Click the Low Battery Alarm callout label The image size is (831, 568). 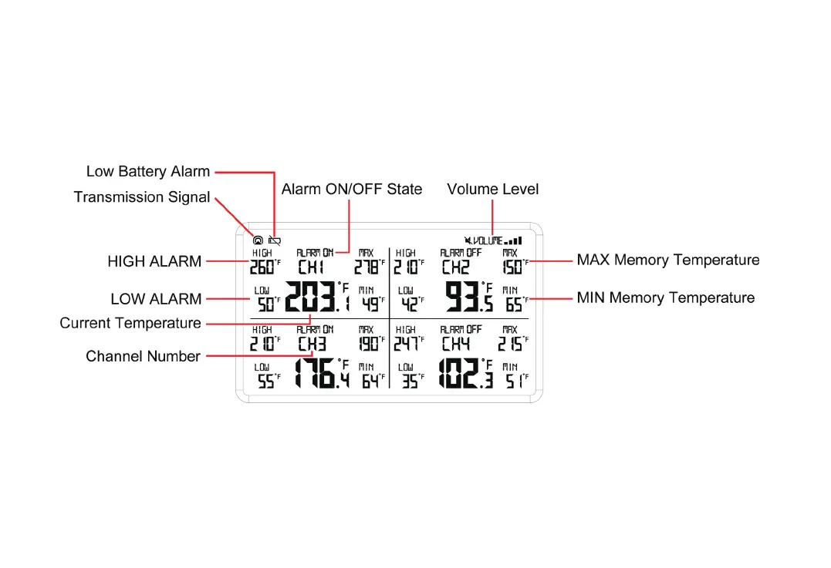point(147,171)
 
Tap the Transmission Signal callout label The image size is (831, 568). point(142,197)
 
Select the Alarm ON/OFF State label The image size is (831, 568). point(351,189)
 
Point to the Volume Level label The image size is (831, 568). point(492,189)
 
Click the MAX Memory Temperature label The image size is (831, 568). point(667,260)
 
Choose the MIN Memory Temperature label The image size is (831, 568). point(665,298)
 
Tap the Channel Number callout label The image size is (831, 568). point(143,356)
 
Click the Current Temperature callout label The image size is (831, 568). point(130,324)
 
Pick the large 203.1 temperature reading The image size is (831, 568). point(317,297)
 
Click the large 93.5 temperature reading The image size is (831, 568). point(468,297)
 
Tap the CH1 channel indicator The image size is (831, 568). point(311,267)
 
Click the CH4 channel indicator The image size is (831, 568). point(455,344)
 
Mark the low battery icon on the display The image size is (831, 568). point(275,241)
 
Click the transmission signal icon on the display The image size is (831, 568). point(258,241)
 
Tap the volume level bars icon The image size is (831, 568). point(513,240)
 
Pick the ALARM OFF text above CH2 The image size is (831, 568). point(461,253)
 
